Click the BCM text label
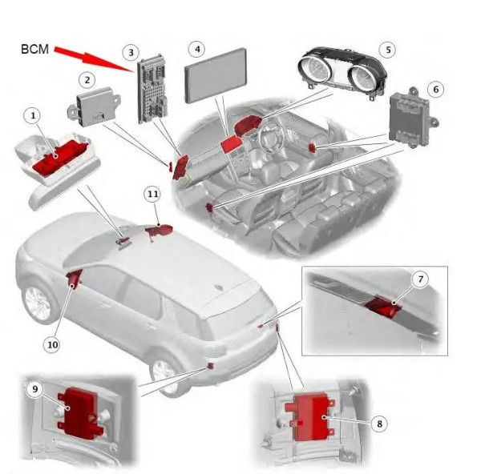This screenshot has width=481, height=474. (34, 50)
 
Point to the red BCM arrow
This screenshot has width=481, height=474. (94, 58)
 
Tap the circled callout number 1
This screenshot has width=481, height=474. (33, 116)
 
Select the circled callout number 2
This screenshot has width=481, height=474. (87, 80)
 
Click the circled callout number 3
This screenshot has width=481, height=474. (131, 52)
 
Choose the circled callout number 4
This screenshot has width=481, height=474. (197, 49)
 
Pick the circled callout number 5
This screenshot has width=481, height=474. (388, 50)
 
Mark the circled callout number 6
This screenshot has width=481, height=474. (436, 90)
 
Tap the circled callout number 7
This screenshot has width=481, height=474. (421, 279)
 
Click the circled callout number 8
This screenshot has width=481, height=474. (379, 424)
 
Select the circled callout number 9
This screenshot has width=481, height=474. (35, 389)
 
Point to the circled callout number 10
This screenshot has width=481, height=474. (52, 345)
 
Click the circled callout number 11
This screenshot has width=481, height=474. (153, 194)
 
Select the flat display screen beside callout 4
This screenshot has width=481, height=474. (216, 76)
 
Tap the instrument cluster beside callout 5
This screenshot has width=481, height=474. (342, 72)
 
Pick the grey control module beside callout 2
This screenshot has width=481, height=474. (94, 106)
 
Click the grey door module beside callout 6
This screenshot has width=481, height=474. (413, 118)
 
